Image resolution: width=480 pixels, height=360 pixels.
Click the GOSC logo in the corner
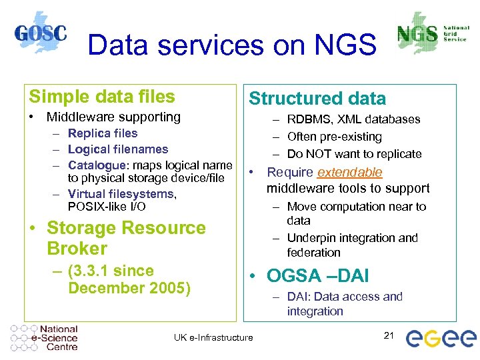[x=41, y=33]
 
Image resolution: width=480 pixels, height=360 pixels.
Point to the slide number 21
[x=390, y=335]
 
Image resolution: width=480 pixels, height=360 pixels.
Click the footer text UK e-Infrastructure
[x=213, y=337]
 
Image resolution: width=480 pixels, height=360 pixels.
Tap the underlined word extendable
[x=350, y=172]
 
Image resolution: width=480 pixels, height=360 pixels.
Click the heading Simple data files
[x=101, y=97]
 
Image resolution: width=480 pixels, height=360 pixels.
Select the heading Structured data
[x=317, y=99]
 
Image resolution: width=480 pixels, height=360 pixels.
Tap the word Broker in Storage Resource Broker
[x=77, y=249]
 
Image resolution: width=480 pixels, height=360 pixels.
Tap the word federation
[x=313, y=253]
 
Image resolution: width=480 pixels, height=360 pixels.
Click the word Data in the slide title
[x=114, y=45]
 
